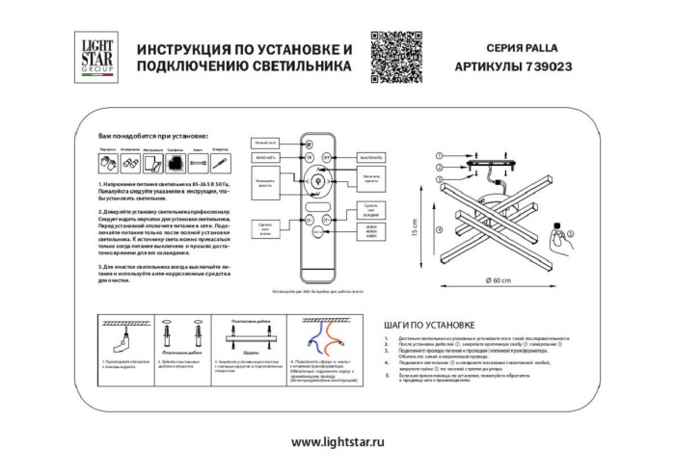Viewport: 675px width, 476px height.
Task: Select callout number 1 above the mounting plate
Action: point(437,155)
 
